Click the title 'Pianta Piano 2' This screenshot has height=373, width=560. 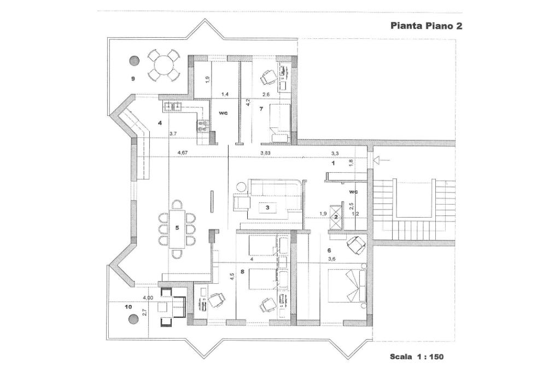pyautogui.click(x=427, y=26)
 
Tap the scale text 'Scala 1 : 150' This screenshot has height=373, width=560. pyautogui.click(x=417, y=357)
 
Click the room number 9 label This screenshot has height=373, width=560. pyautogui.click(x=133, y=79)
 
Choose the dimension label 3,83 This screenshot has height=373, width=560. pyautogui.click(x=266, y=153)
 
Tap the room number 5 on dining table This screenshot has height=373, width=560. pyautogui.click(x=177, y=226)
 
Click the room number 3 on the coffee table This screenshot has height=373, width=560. pyautogui.click(x=267, y=208)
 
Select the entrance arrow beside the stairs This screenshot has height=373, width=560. pyautogui.click(x=381, y=160)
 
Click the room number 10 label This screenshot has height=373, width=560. pyautogui.click(x=129, y=307)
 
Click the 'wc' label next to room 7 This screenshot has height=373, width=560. pyautogui.click(x=223, y=113)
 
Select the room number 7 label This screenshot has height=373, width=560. pyautogui.click(x=261, y=109)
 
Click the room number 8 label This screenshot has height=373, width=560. pyautogui.click(x=242, y=271)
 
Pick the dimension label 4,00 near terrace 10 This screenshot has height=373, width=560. pyautogui.click(x=148, y=298)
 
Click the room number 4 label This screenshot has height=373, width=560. pyautogui.click(x=160, y=123)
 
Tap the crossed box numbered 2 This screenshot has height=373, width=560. pyautogui.click(x=336, y=216)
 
